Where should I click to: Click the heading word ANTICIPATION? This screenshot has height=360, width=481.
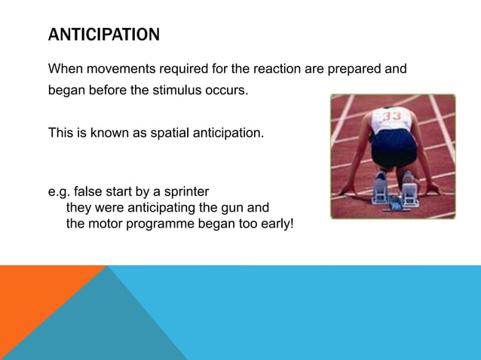[104, 35]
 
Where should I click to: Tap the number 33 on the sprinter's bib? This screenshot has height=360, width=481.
[391, 116]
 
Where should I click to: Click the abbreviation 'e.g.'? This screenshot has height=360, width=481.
[60, 191]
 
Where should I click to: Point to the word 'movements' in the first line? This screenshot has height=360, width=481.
[115, 69]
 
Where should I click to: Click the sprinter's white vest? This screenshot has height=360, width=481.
[393, 121]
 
